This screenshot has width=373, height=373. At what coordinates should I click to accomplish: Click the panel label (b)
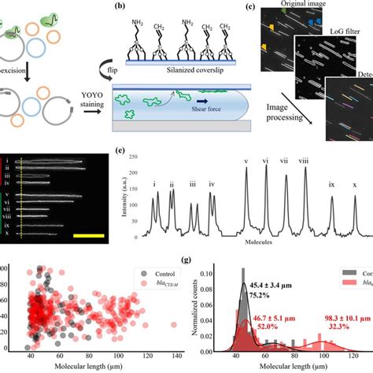pos(120,7)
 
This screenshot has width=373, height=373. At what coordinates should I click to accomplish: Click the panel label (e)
pos(118,153)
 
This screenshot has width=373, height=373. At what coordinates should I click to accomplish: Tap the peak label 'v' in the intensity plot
pos(246,163)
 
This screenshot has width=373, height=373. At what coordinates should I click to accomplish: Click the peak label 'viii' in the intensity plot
pos(303,163)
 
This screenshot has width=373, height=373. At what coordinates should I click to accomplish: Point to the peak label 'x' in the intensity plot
pos(354,186)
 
